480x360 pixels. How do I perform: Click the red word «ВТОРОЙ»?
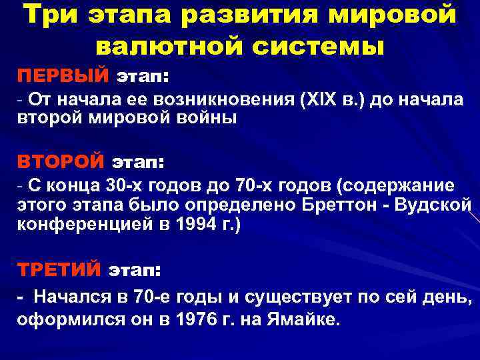61,161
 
